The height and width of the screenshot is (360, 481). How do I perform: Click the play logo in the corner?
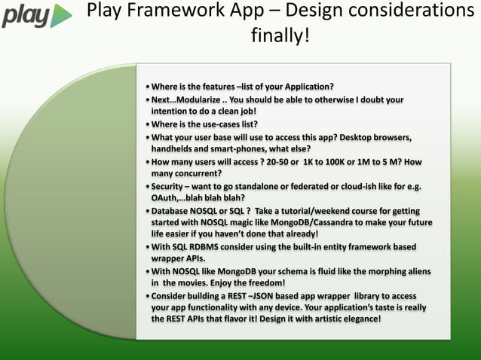point(36,16)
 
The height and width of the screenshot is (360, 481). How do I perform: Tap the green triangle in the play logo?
point(61,16)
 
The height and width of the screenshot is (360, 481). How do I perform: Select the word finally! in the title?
point(280,35)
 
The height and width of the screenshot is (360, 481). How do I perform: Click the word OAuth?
point(166,198)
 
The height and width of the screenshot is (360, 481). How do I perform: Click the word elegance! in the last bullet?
point(357,319)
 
